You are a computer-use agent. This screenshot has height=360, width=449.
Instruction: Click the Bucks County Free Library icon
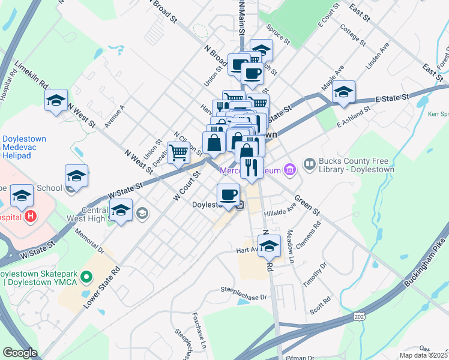(x=310, y=163)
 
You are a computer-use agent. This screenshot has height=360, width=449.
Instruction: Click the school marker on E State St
(x=344, y=93)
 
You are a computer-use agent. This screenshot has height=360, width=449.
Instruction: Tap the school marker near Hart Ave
(x=270, y=245)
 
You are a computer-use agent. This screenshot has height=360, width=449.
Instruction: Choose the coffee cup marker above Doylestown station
(x=228, y=195)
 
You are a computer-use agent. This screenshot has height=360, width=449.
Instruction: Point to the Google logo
(x=20, y=353)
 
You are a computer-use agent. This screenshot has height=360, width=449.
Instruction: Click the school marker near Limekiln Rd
(x=56, y=100)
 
